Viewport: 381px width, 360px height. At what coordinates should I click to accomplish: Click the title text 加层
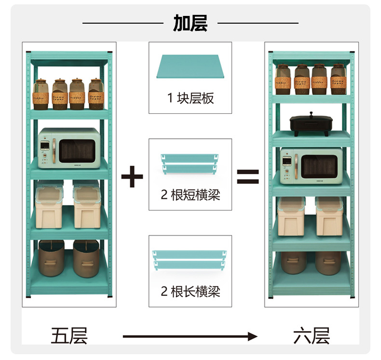tap(190, 23)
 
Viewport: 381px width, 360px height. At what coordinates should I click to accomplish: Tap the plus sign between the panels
tap(132, 177)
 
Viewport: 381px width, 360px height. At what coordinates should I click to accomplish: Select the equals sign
tap(247, 177)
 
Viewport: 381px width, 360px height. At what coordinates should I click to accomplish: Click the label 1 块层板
tap(190, 98)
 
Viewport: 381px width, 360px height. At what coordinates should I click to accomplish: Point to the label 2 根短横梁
tap(190, 195)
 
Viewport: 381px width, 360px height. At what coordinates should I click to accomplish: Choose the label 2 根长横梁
tap(190, 291)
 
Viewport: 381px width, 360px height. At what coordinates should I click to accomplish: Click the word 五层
tap(69, 336)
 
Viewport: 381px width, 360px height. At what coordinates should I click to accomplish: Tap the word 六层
tap(311, 336)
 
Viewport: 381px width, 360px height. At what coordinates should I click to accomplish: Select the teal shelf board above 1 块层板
tap(190, 67)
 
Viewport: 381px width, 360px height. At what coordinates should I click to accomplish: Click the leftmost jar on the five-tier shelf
tap(41, 95)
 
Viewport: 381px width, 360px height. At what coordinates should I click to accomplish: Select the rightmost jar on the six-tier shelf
tap(338, 79)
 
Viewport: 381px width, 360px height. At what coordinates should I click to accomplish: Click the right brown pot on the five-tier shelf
tap(86, 259)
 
